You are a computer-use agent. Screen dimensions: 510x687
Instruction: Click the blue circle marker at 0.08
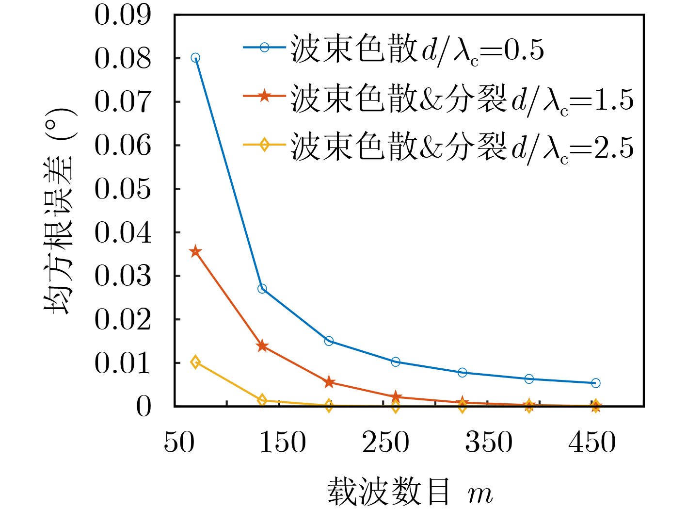pyautogui.click(x=195, y=58)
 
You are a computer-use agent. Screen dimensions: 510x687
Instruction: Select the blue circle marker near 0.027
pyautogui.click(x=262, y=289)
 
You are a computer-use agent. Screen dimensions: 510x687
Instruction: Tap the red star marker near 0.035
pyautogui.click(x=195, y=251)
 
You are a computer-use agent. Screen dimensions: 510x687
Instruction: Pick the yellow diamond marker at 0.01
pyautogui.click(x=195, y=362)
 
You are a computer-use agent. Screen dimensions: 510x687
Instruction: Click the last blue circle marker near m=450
pyautogui.click(x=596, y=383)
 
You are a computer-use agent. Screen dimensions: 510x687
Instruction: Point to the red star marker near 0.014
pyautogui.click(x=262, y=346)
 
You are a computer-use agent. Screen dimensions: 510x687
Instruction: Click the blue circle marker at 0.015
pyautogui.click(x=329, y=341)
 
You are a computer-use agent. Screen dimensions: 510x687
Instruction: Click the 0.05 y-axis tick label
pyautogui.click(x=123, y=189)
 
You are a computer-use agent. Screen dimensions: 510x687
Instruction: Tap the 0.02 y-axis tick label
pyautogui.click(x=123, y=319)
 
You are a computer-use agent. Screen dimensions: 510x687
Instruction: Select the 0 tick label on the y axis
pyautogui.click(x=144, y=407)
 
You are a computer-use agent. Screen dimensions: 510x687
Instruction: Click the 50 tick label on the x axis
pyautogui.click(x=179, y=443)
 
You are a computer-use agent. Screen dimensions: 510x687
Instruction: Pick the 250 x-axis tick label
pyautogui.click(x=386, y=443)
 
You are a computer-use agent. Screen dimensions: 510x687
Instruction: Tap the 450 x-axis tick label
pyautogui.click(x=592, y=443)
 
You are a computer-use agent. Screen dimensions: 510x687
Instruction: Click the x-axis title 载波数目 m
pyautogui.click(x=410, y=492)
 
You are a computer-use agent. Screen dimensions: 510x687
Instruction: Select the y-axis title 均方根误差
pyautogui.click(x=61, y=211)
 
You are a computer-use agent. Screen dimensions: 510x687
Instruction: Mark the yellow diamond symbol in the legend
pyautogui.click(x=264, y=144)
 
